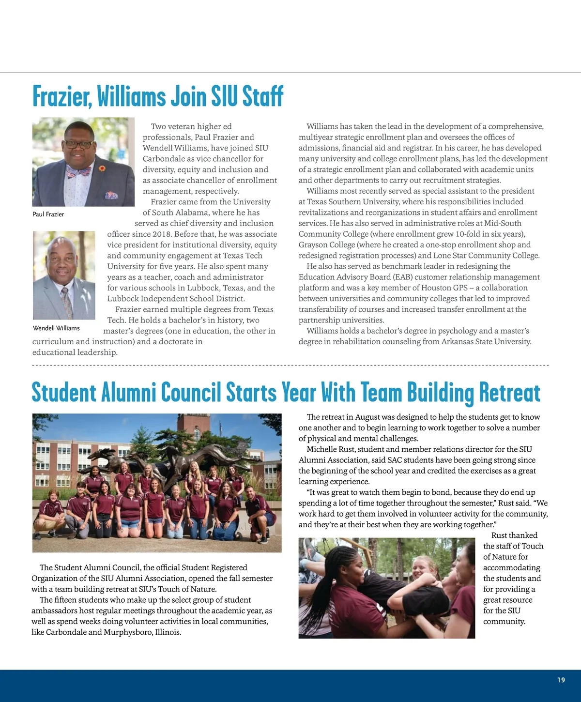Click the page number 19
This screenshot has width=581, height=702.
click(561, 680)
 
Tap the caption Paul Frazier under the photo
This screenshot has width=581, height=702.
click(48, 214)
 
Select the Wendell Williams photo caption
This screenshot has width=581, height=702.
click(56, 328)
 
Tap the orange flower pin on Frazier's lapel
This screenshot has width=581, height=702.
click(102, 168)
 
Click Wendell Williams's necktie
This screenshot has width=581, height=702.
click(66, 301)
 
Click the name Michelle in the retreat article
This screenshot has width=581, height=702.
click(323, 449)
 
